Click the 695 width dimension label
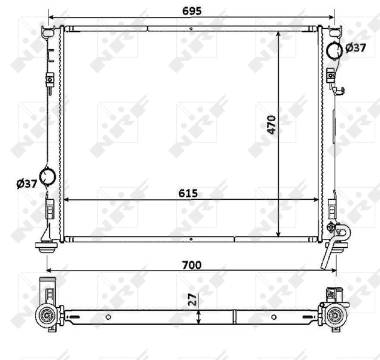point(191,10)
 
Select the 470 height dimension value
point(272,124)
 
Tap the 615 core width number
point(188,193)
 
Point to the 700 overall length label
point(191,264)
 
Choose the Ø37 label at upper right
point(355,48)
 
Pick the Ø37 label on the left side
point(27,184)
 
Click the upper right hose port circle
point(334,50)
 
